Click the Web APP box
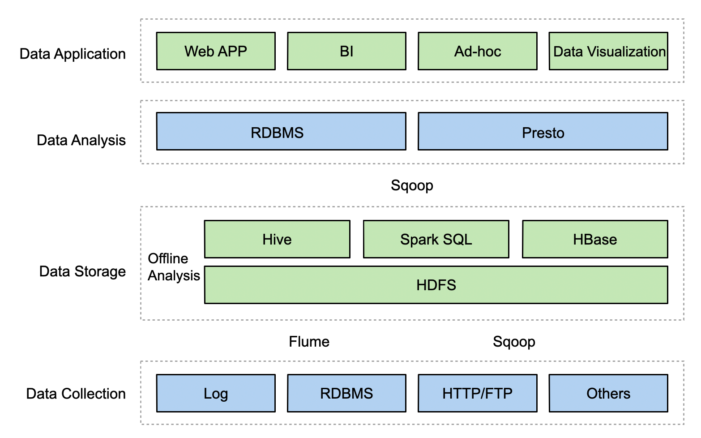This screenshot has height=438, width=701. tap(216, 51)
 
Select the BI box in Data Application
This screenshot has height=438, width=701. tap(347, 51)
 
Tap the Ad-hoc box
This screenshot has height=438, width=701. tap(478, 51)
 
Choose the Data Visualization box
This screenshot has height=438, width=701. tap(608, 51)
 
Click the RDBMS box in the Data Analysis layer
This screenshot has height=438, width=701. tap(281, 132)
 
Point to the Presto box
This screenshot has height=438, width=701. tap(543, 132)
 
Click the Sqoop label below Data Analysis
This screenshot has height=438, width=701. tap(412, 185)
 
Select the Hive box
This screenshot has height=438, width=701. tap(277, 239)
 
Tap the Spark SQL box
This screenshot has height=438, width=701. tap(436, 239)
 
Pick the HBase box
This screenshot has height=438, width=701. tap(595, 239)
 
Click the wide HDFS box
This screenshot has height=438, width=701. tap(436, 285)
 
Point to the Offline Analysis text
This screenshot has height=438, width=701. tap(174, 267)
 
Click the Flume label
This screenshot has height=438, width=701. tap(309, 342)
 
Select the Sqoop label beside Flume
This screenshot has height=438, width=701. tap(514, 342)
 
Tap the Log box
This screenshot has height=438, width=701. tap(216, 393)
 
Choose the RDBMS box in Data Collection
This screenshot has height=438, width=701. tap(347, 393)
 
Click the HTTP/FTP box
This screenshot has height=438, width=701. tap(478, 393)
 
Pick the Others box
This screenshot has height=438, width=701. tap(608, 393)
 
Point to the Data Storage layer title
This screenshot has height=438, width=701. tap(82, 271)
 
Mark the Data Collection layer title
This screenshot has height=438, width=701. tap(76, 394)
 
